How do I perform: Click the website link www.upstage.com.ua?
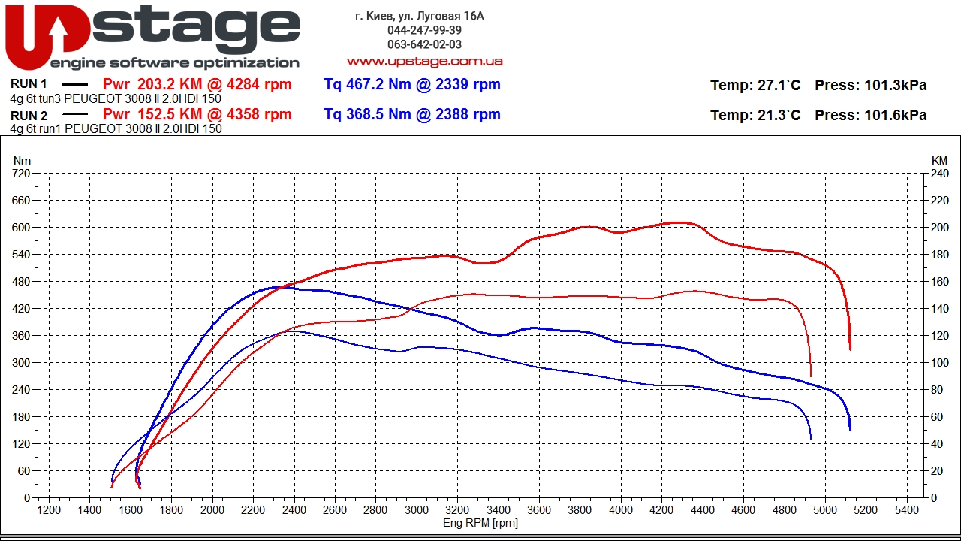point(424,61)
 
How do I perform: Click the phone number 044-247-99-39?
point(424,30)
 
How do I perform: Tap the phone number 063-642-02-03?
point(424,44)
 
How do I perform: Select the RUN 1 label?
point(29,84)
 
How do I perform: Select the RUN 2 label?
point(29,116)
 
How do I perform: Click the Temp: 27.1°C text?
point(755,86)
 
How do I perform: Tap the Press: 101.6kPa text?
point(871,116)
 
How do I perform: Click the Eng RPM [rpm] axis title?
point(480,523)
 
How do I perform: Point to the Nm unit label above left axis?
point(23,161)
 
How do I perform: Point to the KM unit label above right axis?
point(939,161)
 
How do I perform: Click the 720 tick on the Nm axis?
point(22,174)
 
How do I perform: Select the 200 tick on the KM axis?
point(939,228)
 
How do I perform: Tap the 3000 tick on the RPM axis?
point(417,509)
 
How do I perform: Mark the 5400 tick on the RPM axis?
point(907,509)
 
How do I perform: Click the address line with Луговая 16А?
point(420,16)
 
